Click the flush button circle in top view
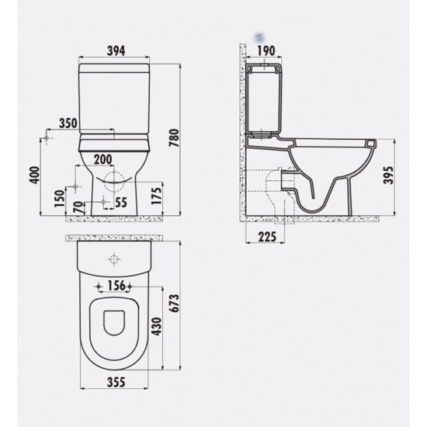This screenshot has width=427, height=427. [x=114, y=259]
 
